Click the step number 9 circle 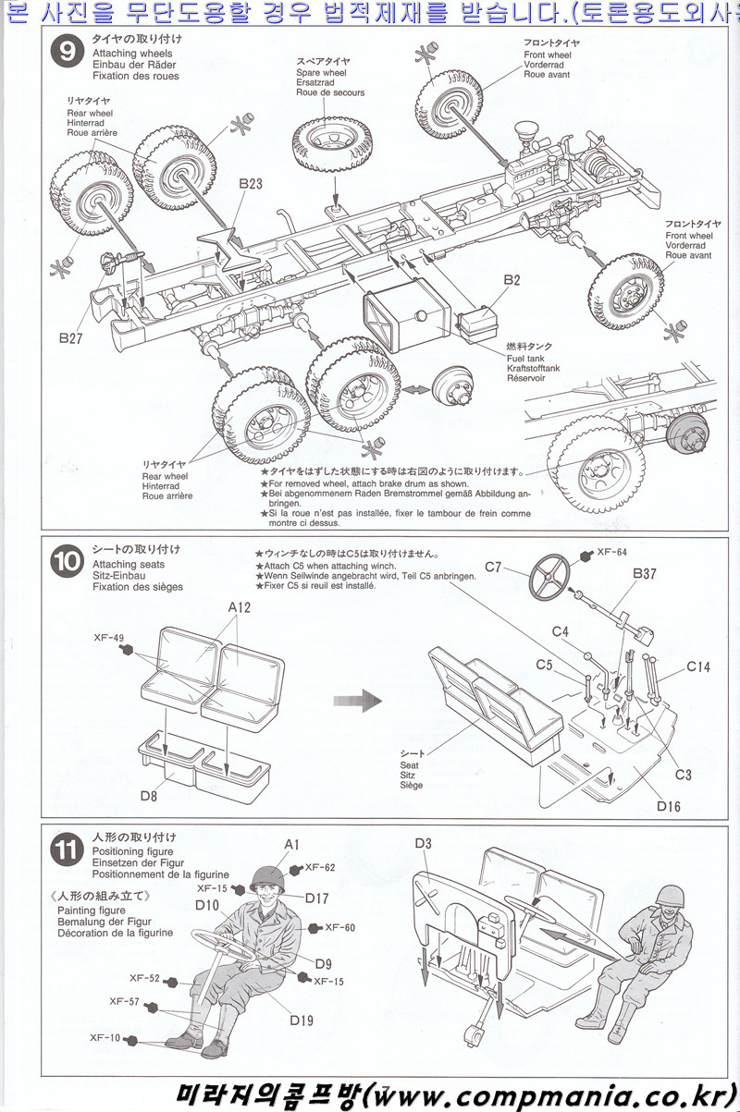[x=67, y=53]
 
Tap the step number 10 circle [x=67, y=563]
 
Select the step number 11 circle [x=67, y=851]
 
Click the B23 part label [x=250, y=184]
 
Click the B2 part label [x=512, y=280]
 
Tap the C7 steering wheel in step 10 [x=552, y=577]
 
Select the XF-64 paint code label [x=611, y=552]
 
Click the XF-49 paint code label [x=107, y=638]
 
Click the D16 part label [x=668, y=807]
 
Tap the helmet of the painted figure [x=266, y=875]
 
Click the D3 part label [x=424, y=843]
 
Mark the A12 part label [x=239, y=607]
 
